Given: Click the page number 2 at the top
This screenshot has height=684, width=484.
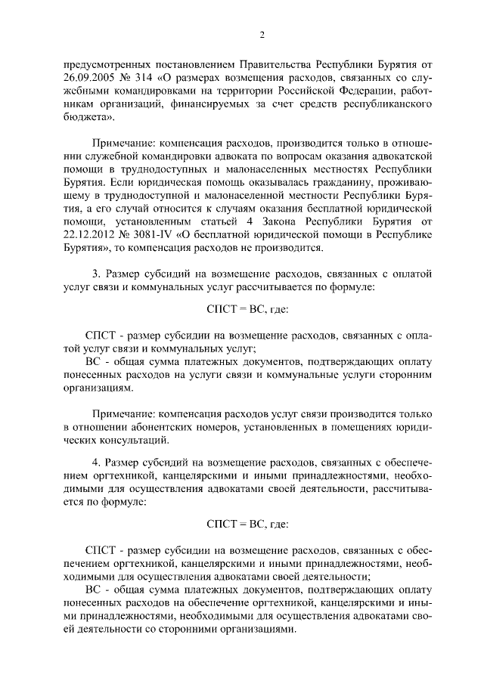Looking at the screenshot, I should pyautogui.click(x=262, y=35).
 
